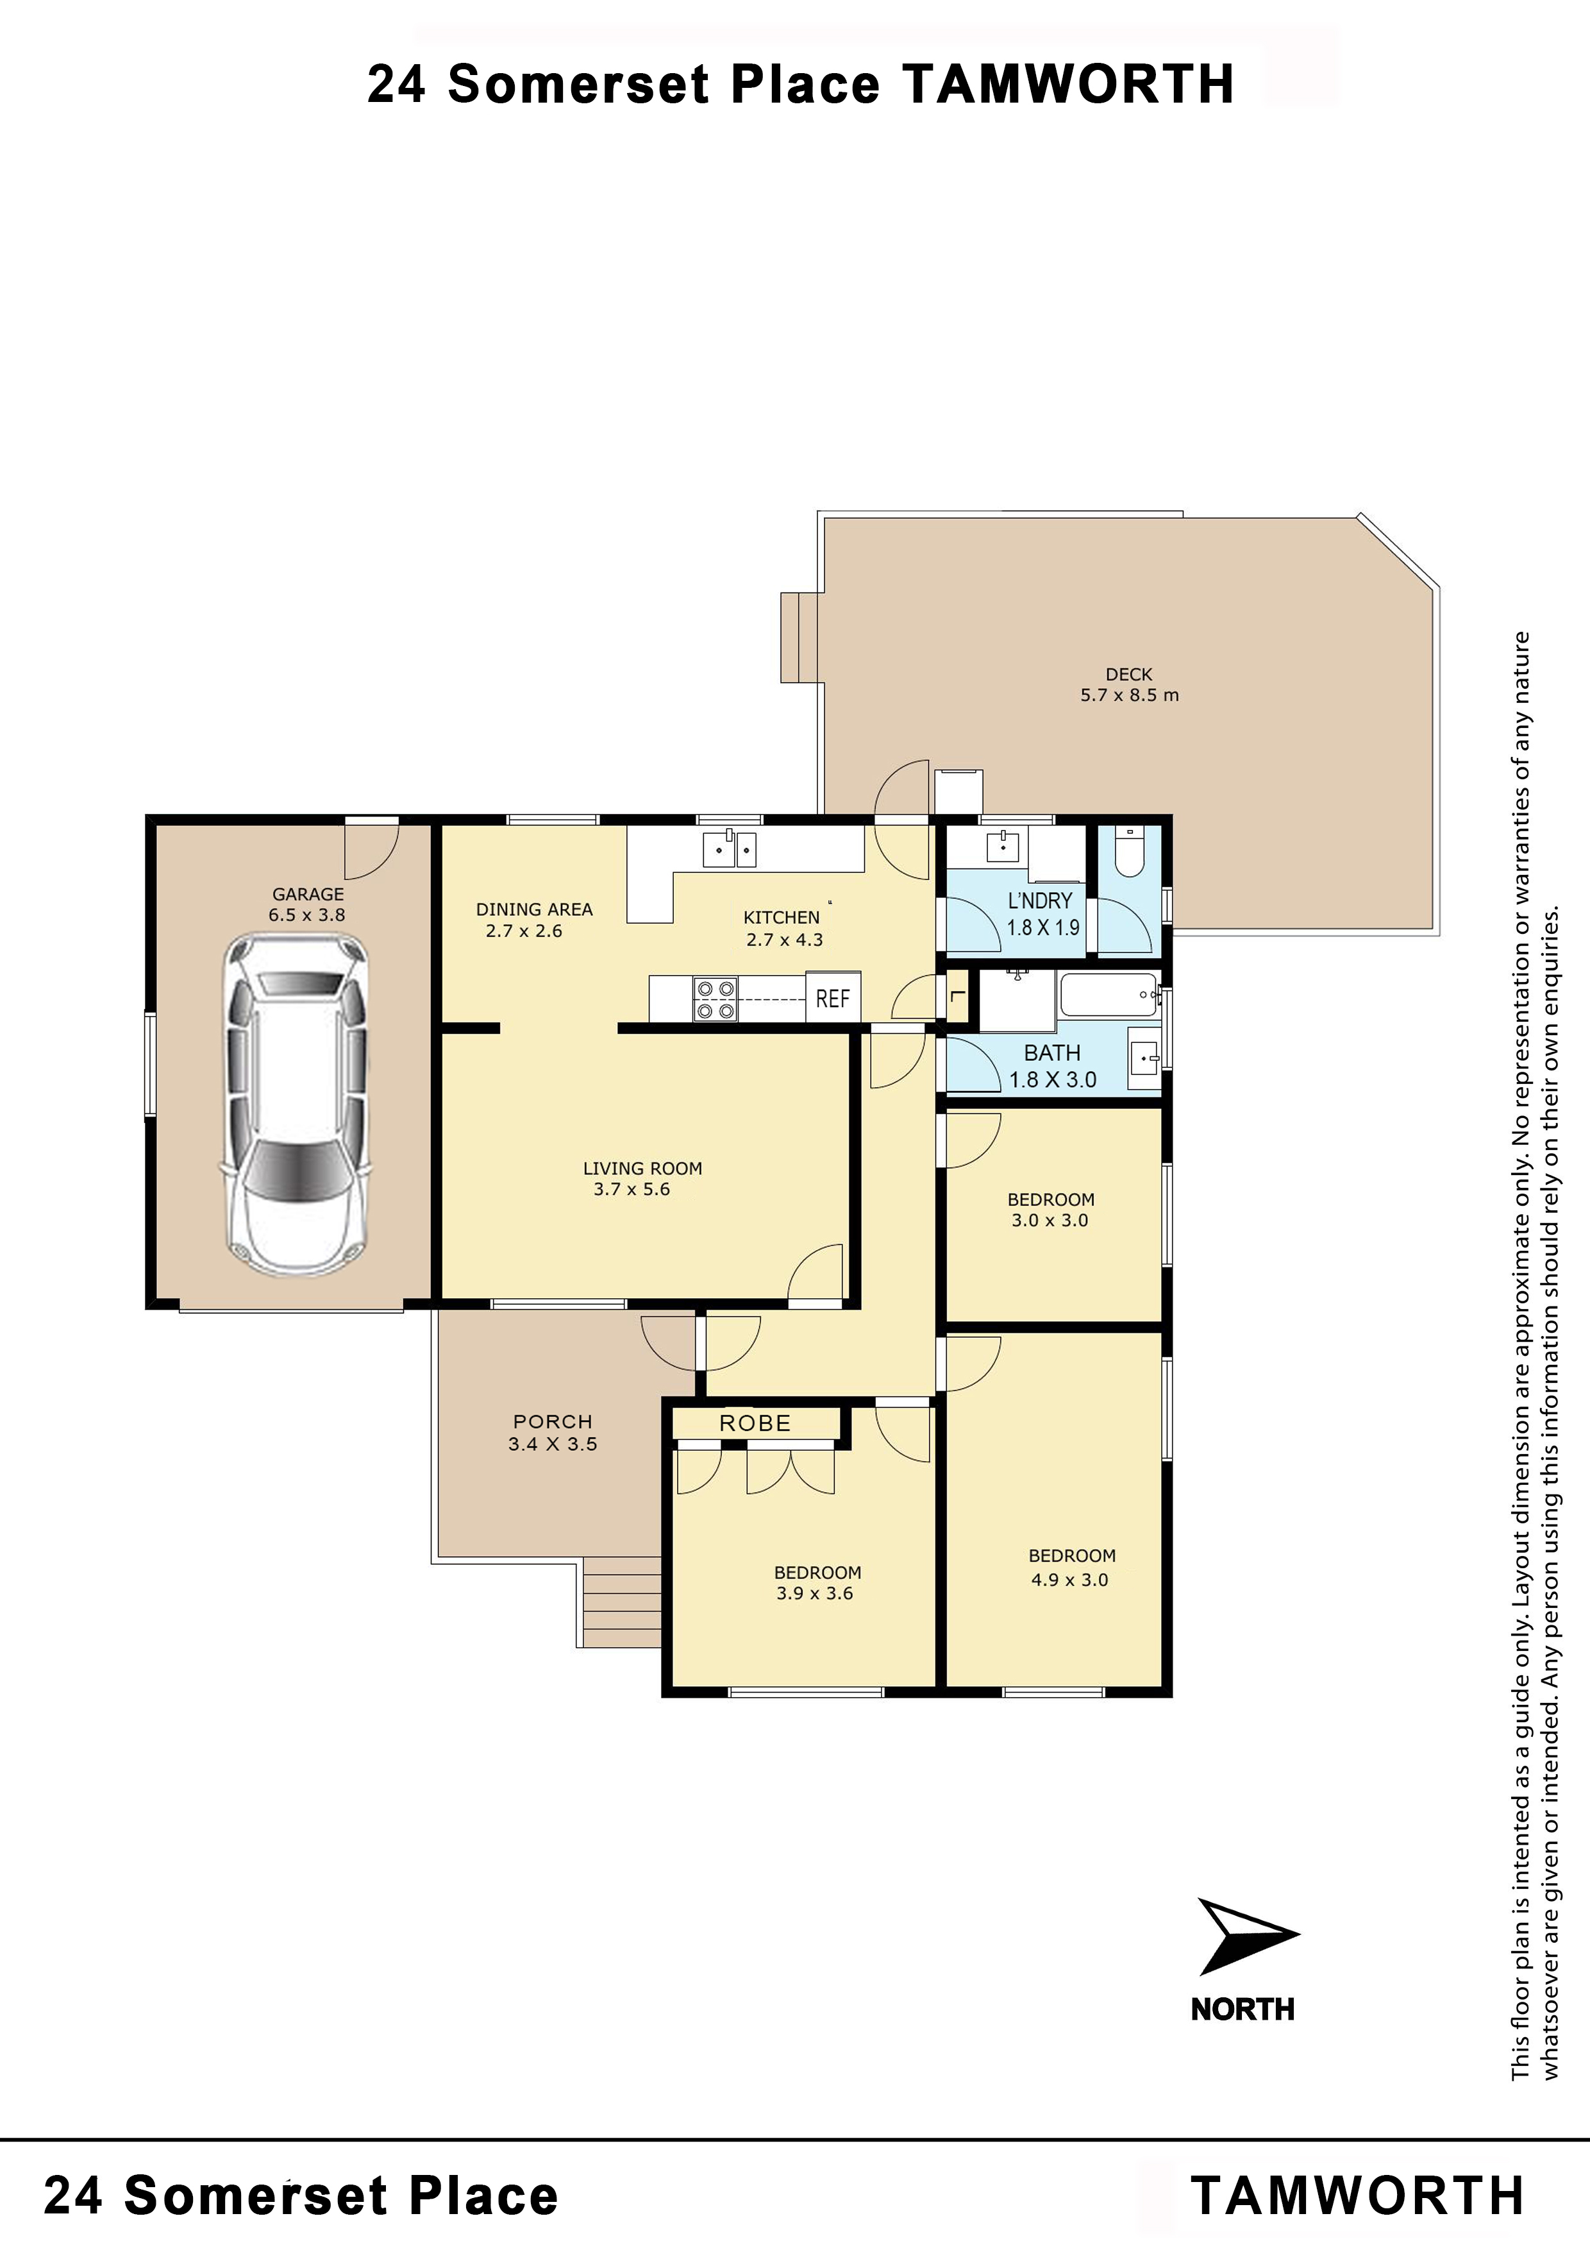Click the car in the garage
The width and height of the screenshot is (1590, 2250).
click(x=296, y=1104)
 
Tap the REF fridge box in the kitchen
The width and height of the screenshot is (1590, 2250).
click(x=833, y=997)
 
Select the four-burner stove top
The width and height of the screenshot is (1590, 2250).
click(x=715, y=999)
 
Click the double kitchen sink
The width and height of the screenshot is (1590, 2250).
click(x=730, y=848)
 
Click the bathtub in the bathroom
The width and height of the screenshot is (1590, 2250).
click(x=1108, y=995)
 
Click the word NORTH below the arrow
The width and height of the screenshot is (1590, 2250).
click(x=1243, y=2010)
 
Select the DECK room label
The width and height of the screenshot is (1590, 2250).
click(x=1128, y=674)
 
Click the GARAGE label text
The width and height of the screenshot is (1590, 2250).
click(x=308, y=893)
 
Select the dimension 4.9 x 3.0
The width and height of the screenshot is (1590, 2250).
click(x=1070, y=1580)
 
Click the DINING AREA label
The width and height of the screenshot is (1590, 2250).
click(x=534, y=909)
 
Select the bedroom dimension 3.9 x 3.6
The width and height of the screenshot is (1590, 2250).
click(x=814, y=1593)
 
